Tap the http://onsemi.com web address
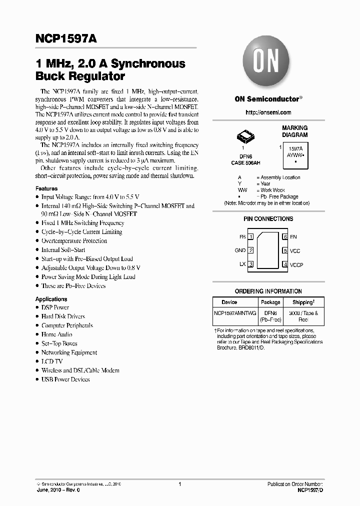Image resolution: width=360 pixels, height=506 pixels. click(x=268, y=112)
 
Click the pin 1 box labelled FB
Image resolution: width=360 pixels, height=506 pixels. click(x=251, y=236)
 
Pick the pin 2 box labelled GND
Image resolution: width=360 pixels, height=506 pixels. click(x=251, y=250)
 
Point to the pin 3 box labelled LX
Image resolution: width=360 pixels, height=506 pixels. click(x=251, y=264)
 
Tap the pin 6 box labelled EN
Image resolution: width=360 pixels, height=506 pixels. click(x=285, y=236)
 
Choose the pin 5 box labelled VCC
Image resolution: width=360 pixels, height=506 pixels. click(x=285, y=250)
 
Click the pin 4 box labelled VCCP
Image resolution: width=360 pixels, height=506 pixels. click(x=285, y=264)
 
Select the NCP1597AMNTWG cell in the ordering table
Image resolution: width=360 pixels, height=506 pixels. click(x=235, y=312)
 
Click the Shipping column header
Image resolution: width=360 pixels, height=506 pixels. click(x=303, y=302)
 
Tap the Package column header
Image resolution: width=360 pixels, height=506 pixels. click(x=270, y=302)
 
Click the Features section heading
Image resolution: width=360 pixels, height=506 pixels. click(x=46, y=188)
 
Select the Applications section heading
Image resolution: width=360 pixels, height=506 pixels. click(x=51, y=299)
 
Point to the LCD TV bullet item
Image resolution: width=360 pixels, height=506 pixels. click(x=52, y=361)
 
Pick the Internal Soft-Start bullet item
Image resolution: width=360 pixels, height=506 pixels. click(x=63, y=250)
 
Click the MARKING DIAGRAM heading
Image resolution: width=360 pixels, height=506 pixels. click(x=294, y=131)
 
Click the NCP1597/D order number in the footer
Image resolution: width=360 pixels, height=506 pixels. click(x=310, y=491)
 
